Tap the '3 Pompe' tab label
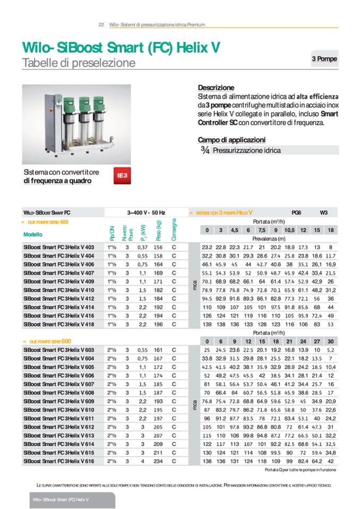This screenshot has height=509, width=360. tap(323, 59)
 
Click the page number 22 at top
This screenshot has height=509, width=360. tap(101, 24)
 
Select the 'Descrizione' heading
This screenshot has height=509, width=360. tap(216, 87)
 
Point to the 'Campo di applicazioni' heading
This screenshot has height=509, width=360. tap(232, 140)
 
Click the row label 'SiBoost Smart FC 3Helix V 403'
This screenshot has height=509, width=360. tap(58, 247)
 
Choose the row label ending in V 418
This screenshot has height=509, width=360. tap(58, 324)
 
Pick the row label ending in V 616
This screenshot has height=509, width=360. tap(58, 462)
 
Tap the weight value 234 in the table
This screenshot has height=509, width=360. tap(158, 462)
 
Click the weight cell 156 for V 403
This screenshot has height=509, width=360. tap(158, 247)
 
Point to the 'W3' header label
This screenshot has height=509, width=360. tap(323, 212)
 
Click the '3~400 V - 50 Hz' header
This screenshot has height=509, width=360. tap(146, 212)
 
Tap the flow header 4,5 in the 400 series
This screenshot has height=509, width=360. tap(234, 230)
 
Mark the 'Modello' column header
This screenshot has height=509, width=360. tap(33, 234)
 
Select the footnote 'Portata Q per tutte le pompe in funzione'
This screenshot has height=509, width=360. tap(300, 470)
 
